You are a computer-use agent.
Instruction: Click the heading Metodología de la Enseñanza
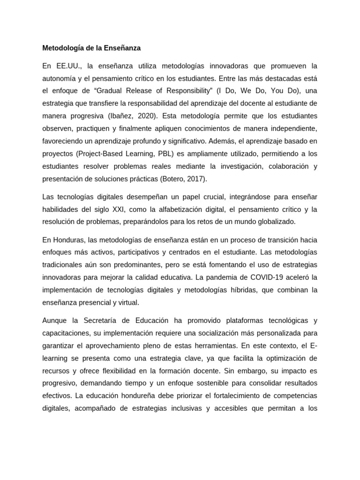click(91, 48)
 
